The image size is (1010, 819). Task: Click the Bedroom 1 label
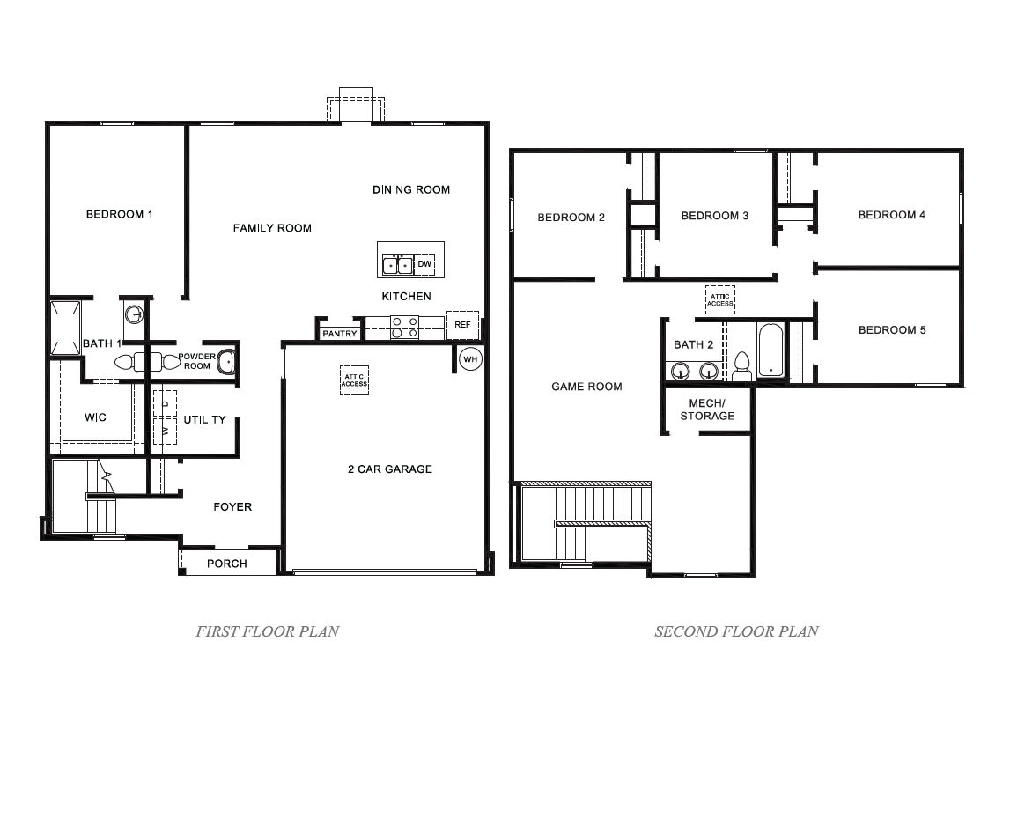point(120,214)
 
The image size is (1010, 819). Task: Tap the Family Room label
point(272,228)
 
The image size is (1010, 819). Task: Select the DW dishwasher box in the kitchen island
point(424,264)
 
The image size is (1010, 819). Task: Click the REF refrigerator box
point(462,325)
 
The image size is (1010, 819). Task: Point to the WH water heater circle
point(471,359)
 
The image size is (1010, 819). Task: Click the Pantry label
point(340,334)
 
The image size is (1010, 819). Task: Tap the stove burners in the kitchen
point(405,328)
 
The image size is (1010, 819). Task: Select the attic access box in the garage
point(354,380)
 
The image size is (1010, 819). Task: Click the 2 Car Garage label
point(389,469)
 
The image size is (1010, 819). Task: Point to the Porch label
point(227,564)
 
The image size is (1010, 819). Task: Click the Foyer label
point(232,507)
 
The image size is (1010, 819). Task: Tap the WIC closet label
point(95,417)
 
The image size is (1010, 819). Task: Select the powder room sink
point(226,361)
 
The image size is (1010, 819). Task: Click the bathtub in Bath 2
point(770,352)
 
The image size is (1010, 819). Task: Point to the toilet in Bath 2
point(741,366)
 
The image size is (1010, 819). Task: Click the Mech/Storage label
point(707,409)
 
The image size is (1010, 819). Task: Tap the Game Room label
point(586,387)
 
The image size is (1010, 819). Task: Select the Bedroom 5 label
point(892,330)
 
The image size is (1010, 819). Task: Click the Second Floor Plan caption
point(736,631)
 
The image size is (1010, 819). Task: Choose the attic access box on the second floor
point(719,299)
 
